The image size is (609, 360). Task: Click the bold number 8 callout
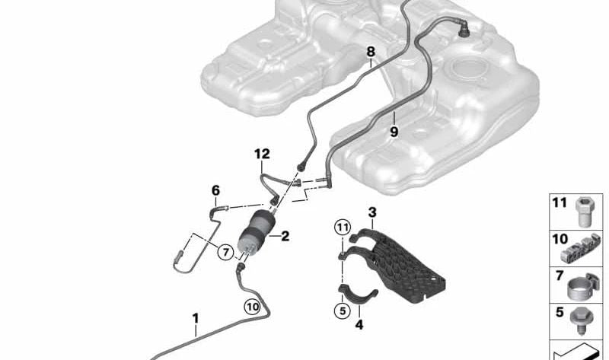pyautogui.click(x=371, y=52)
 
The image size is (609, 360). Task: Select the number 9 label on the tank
pyautogui.click(x=394, y=132)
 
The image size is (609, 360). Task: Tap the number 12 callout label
pyautogui.click(x=262, y=155)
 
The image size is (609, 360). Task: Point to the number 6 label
pyautogui.click(x=215, y=190)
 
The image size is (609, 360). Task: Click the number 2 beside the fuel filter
pyautogui.click(x=285, y=236)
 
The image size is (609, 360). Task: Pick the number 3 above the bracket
pyautogui.click(x=372, y=212)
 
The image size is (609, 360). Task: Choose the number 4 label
pyautogui.click(x=359, y=325)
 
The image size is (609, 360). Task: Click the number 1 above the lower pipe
pyautogui.click(x=196, y=318)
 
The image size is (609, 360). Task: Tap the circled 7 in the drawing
pyautogui.click(x=226, y=253)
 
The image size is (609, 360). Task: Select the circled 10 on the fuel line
pyautogui.click(x=253, y=307)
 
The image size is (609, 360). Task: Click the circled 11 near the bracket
pyautogui.click(x=343, y=227)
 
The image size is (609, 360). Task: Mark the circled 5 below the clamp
pyautogui.click(x=342, y=311)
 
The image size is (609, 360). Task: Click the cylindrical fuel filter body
pyautogui.click(x=256, y=232)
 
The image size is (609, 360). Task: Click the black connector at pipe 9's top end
pyautogui.click(x=464, y=30)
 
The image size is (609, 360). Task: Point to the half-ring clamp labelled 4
pyautogui.click(x=358, y=294)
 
